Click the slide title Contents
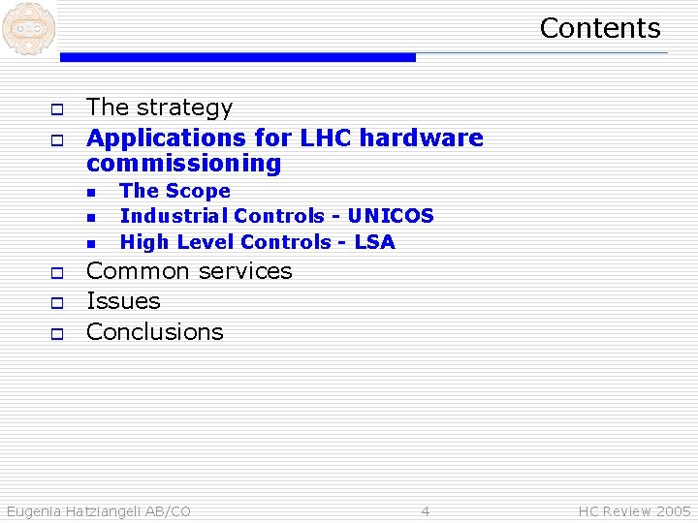(599, 28)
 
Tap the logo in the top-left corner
(28, 28)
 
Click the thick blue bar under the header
(238, 58)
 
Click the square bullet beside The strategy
(56, 108)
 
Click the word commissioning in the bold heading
(183, 164)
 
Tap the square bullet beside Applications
(56, 139)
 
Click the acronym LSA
(374, 242)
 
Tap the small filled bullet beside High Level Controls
(90, 243)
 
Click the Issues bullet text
(123, 301)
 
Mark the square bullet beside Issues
(56, 303)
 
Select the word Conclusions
(154, 332)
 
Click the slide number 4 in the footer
(425, 511)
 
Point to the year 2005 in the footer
(674, 511)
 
